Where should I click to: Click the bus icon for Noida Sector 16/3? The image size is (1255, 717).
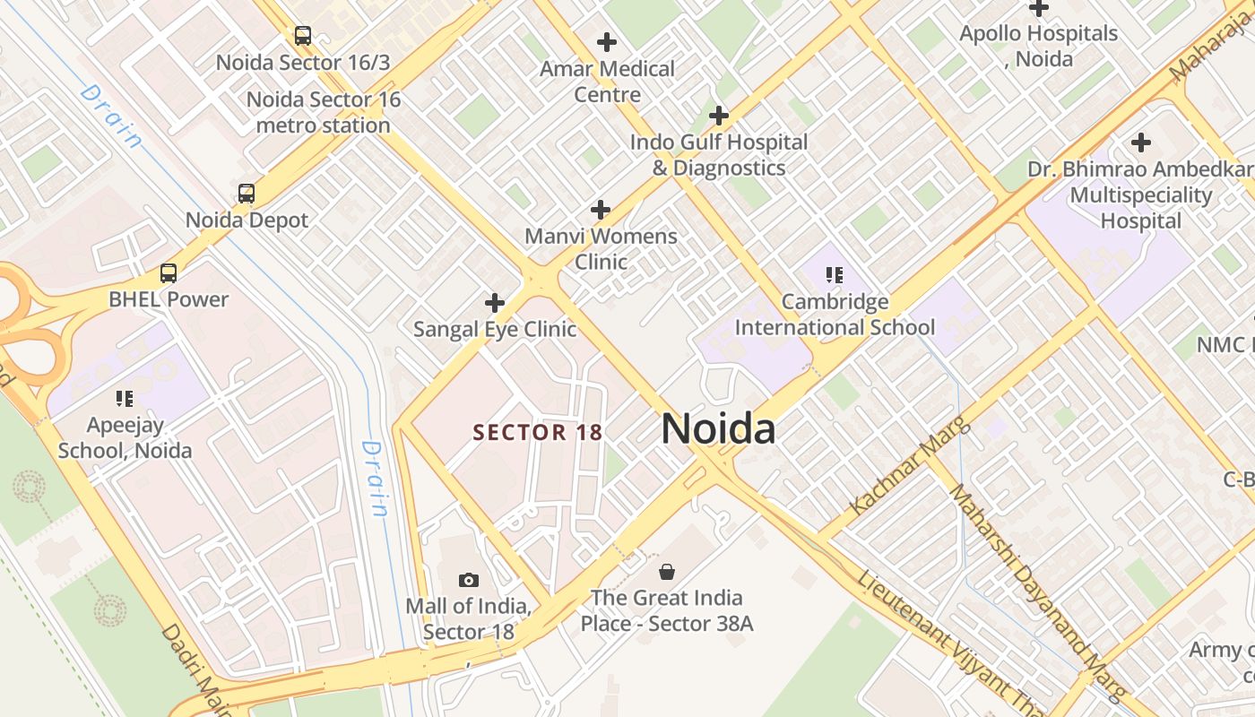[303, 36]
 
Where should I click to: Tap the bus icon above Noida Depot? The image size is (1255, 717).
[246, 194]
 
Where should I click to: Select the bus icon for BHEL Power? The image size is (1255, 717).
[169, 273]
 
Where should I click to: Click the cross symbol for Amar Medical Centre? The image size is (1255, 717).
[607, 41]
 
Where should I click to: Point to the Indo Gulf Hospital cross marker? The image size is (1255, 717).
[718, 116]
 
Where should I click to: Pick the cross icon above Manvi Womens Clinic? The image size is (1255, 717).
[601, 210]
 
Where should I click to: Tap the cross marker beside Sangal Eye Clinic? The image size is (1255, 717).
[494, 303]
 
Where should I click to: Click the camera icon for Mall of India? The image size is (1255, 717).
[468, 580]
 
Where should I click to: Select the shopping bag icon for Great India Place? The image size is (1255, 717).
[667, 571]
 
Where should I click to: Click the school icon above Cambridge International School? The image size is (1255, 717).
[835, 275]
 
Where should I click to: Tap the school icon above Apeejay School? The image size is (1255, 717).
[125, 398]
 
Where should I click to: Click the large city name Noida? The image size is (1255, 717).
[718, 429]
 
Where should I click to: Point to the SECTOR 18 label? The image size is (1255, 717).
[538, 432]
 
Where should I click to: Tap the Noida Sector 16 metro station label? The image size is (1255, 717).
[324, 112]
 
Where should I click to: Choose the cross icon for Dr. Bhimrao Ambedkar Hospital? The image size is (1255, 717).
[1140, 143]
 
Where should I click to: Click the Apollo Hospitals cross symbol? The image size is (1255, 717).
[1039, 8]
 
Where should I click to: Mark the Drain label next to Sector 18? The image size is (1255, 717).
[375, 479]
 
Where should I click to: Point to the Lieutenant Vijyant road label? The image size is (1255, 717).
[950, 639]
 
